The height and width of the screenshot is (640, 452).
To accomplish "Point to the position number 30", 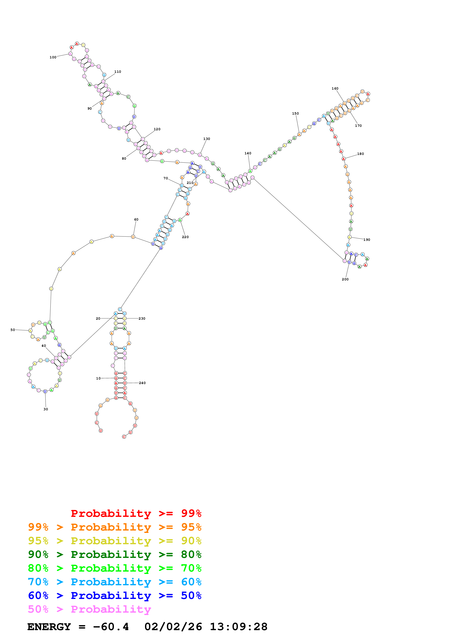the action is [x=46, y=409].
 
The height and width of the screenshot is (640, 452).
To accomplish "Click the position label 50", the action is [x=13, y=330].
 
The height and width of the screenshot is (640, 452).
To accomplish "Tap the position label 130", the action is [x=207, y=139].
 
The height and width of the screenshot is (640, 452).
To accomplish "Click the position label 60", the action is [x=136, y=219].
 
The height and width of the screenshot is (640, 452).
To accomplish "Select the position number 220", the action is [x=185, y=237].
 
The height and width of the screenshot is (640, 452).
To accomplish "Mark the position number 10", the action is [x=98, y=378].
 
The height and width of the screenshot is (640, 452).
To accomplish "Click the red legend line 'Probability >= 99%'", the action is [x=136, y=513].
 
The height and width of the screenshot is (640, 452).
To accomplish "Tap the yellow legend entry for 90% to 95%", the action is [x=115, y=541].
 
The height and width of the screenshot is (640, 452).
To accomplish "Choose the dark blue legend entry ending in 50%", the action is [x=115, y=595].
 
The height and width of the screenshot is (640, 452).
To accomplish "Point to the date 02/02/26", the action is [x=173, y=627].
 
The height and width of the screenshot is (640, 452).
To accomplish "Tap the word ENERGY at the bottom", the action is [x=49, y=627].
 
